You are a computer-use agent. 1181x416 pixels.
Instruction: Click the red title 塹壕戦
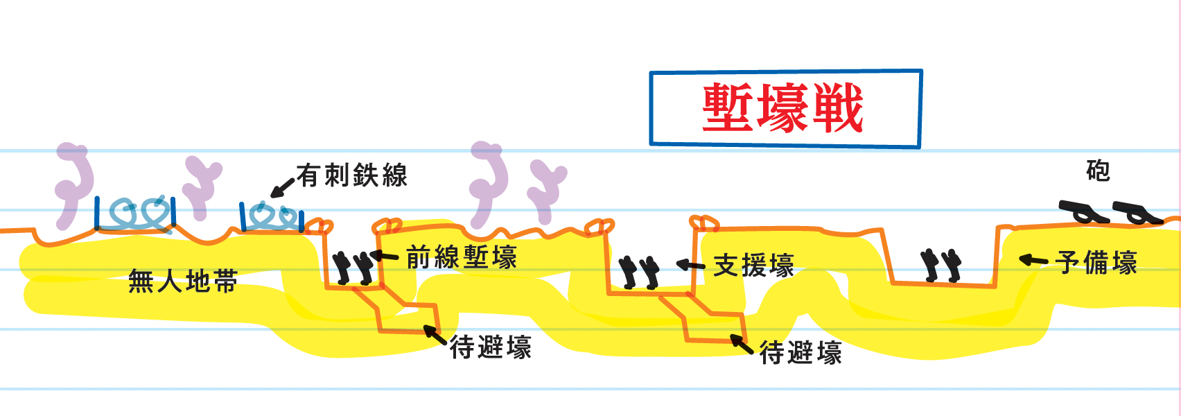click(x=782, y=108)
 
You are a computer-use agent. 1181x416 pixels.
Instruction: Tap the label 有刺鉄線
click(x=352, y=175)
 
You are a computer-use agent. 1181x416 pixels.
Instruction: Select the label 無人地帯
click(x=183, y=281)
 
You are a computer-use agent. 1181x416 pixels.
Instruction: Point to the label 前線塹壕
click(x=462, y=257)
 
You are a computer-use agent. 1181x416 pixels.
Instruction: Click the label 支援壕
click(x=753, y=266)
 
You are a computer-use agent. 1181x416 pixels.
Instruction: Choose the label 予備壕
click(x=1096, y=263)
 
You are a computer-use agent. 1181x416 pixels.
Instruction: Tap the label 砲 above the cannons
click(x=1098, y=171)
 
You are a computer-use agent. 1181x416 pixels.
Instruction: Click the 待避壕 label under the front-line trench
click(x=491, y=347)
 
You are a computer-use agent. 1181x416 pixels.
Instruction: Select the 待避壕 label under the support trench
click(x=801, y=353)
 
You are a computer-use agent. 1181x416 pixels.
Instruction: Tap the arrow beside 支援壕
click(x=690, y=265)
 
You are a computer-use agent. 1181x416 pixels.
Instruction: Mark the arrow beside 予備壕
click(x=1033, y=261)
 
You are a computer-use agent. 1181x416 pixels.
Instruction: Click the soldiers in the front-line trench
click(x=353, y=268)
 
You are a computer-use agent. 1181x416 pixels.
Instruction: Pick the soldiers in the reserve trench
click(x=941, y=266)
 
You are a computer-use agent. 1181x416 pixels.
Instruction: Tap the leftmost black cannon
click(x=1082, y=211)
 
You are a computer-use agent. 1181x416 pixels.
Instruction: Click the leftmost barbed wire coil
click(x=135, y=214)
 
